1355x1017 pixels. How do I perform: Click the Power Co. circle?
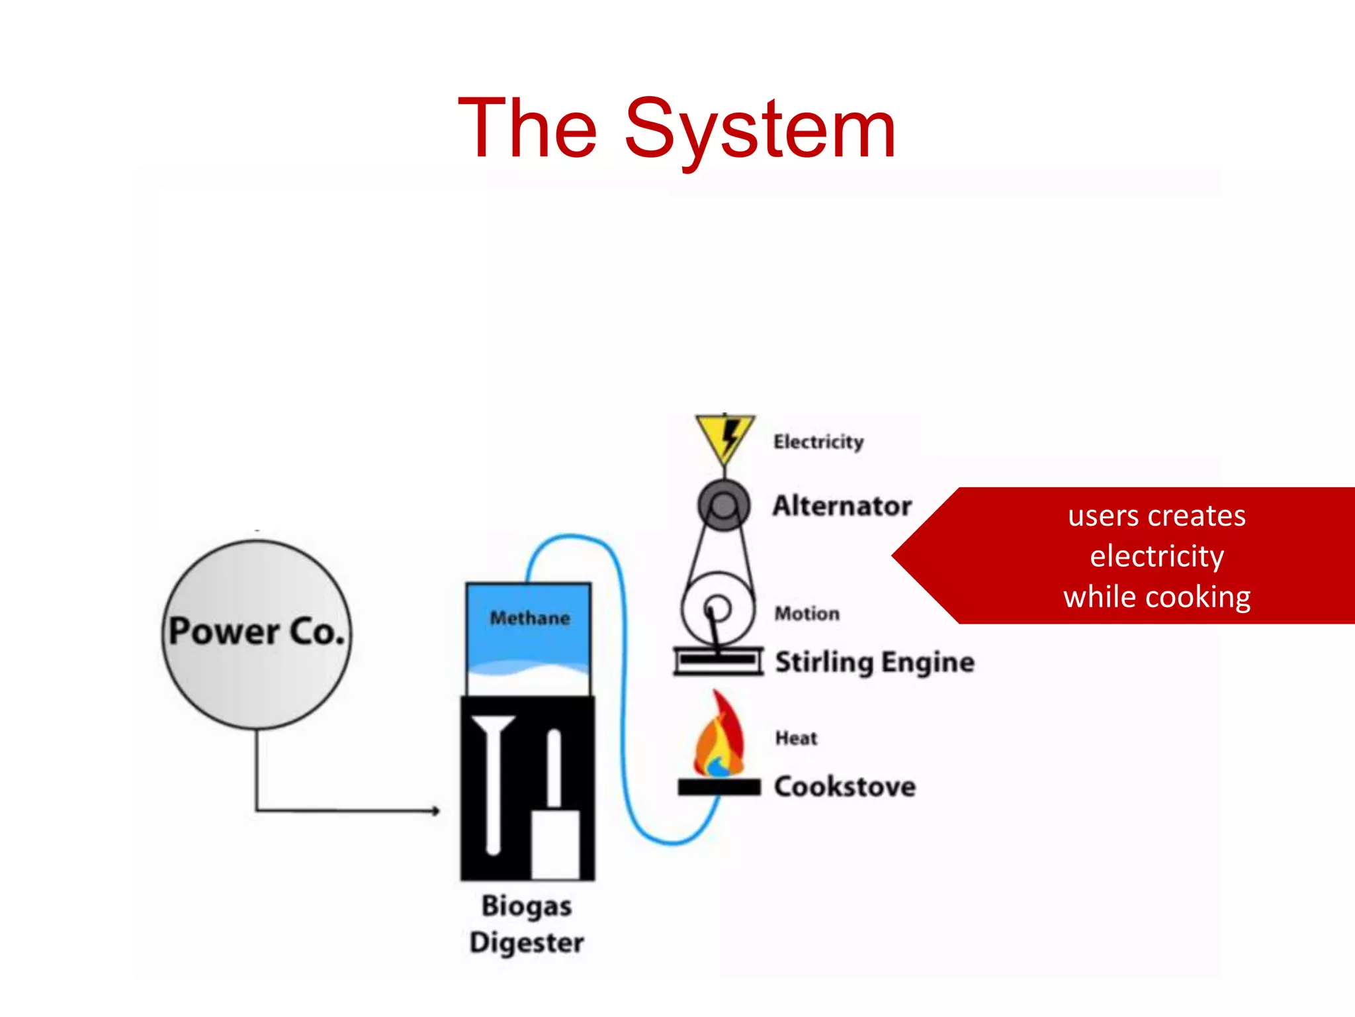click(x=257, y=634)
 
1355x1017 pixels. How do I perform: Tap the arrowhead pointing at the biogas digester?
click(x=435, y=810)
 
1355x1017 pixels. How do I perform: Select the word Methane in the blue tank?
click(x=529, y=618)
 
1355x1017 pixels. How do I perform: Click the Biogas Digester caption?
click(x=527, y=924)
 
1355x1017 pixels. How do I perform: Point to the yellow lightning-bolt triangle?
click(x=724, y=437)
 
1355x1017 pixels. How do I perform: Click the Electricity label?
click(x=818, y=442)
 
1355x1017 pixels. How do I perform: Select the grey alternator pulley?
click(x=724, y=505)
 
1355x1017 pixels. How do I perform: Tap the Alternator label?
click(x=842, y=506)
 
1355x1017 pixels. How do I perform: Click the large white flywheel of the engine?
click(x=718, y=609)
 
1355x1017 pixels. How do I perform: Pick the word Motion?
click(x=807, y=614)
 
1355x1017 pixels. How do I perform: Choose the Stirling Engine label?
click(x=875, y=662)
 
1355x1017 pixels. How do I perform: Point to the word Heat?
click(x=796, y=738)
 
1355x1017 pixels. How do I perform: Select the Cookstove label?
click(x=845, y=787)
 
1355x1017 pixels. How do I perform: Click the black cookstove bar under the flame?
click(x=719, y=787)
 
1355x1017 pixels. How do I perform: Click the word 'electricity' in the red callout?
click(x=1157, y=556)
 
